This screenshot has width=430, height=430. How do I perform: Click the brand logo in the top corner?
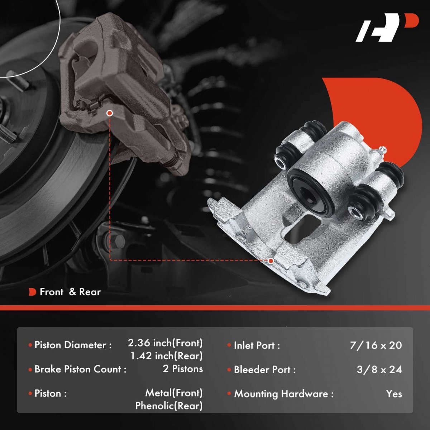click(387, 30)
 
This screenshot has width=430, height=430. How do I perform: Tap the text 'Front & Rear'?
click(70, 292)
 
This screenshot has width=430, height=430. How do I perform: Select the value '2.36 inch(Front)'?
click(165, 343)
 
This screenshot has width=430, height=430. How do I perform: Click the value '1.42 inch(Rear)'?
click(167, 356)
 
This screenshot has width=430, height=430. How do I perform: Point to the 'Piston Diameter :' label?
click(73, 345)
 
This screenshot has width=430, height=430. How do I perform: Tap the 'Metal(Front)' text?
click(174, 393)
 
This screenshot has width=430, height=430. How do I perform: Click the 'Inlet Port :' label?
click(257, 345)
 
